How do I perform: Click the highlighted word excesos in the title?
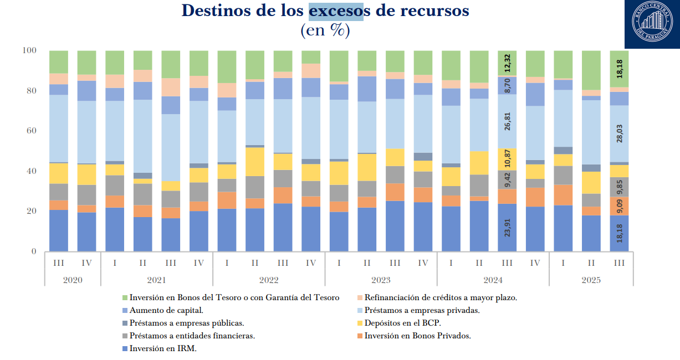tap(336, 11)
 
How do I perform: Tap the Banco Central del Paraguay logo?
tap(652, 24)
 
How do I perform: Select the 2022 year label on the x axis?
tap(269, 280)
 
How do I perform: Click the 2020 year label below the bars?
tap(72, 280)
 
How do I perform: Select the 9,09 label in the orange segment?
tap(619, 205)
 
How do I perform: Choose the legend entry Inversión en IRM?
tap(163, 348)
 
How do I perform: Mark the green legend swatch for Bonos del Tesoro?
tap(124, 298)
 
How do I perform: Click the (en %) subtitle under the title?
tap(325, 30)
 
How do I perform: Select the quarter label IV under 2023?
tap(423, 263)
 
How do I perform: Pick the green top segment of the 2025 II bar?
tap(591, 70)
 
